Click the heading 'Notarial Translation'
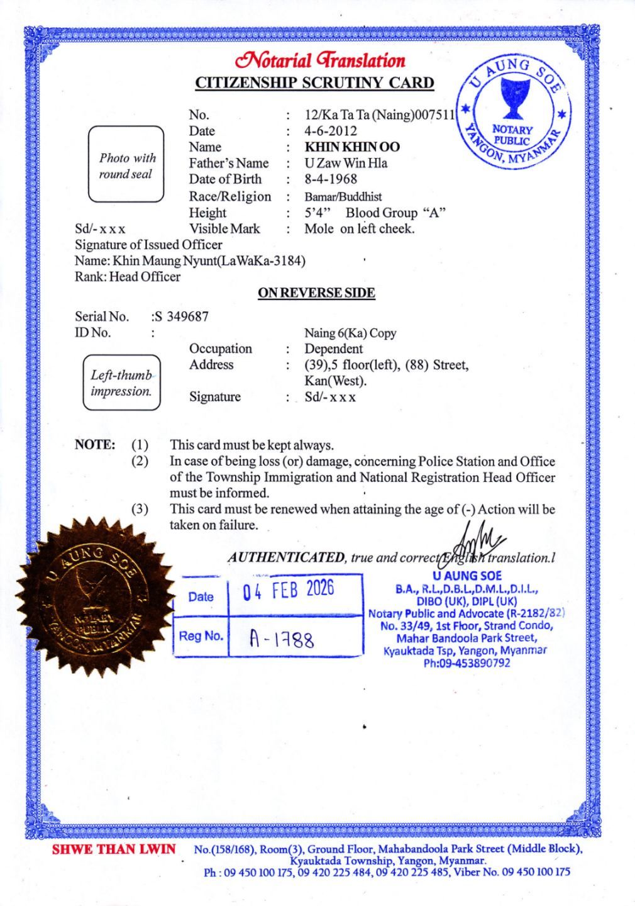tap(319, 61)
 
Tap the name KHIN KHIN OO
tap(352, 147)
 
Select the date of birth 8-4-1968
tap(331, 179)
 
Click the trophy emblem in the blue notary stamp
tap(511, 101)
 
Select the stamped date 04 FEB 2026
tap(289, 591)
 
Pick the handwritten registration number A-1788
tap(281, 639)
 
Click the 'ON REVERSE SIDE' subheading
tap(316, 293)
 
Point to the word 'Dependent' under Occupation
tap(333, 349)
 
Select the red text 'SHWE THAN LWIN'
tap(114, 849)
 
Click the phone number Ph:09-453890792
tap(467, 663)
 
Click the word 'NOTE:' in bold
tap(95, 445)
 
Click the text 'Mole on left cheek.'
tap(360, 229)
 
